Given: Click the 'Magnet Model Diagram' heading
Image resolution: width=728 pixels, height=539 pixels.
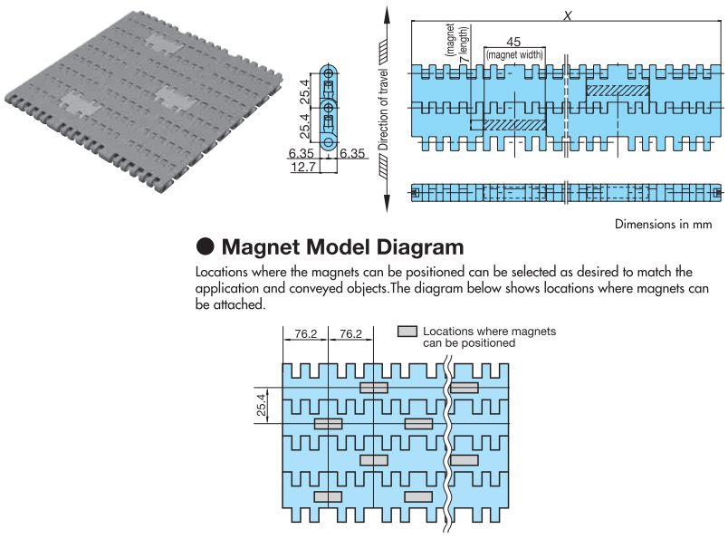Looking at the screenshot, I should pyautogui.click(x=342, y=246).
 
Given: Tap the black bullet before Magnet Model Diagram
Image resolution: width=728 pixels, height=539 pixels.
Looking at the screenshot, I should pyautogui.click(x=205, y=246).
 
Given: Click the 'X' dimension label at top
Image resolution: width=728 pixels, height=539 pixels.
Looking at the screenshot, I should pyautogui.click(x=568, y=14).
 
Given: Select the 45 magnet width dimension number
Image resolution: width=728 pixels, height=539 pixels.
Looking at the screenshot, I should pyautogui.click(x=513, y=42).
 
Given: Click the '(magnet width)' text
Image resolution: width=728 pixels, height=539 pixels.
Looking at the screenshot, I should pyautogui.click(x=514, y=54).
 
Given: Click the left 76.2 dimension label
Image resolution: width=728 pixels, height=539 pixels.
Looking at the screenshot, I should pyautogui.click(x=306, y=333).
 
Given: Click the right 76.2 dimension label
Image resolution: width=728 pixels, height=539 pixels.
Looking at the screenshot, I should pyautogui.click(x=351, y=333).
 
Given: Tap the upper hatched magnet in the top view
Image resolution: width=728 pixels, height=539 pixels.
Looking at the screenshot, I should pyautogui.click(x=617, y=91).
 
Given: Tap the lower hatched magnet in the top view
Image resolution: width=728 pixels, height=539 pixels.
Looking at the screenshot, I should pyautogui.click(x=504, y=124).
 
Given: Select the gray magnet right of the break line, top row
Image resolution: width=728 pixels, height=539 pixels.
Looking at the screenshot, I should pyautogui.click(x=465, y=388).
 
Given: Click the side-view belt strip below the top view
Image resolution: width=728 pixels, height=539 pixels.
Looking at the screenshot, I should pyautogui.click(x=567, y=193).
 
